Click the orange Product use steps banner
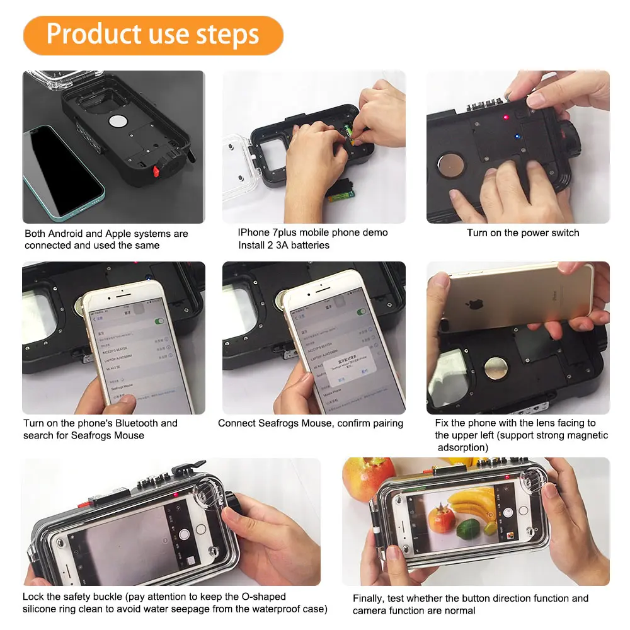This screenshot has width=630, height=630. point(153,35)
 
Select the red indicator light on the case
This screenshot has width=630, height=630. point(505,117)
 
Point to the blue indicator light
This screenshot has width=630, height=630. point(517,135)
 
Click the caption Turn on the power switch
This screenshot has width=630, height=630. point(522,233)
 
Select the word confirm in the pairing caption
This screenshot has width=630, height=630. point(355,423)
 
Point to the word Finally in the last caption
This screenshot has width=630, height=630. point(368,598)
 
